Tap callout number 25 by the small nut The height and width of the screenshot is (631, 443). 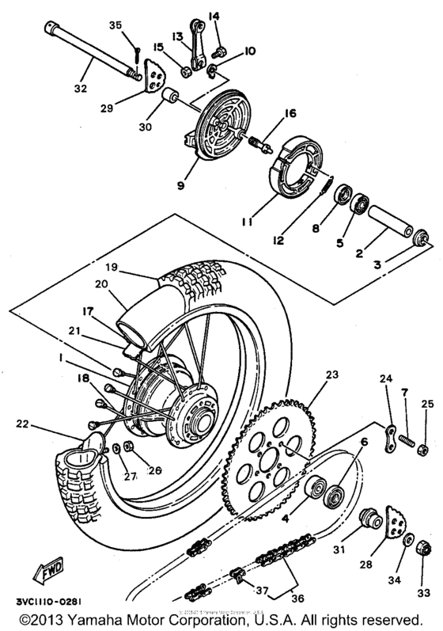(x=426, y=405)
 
